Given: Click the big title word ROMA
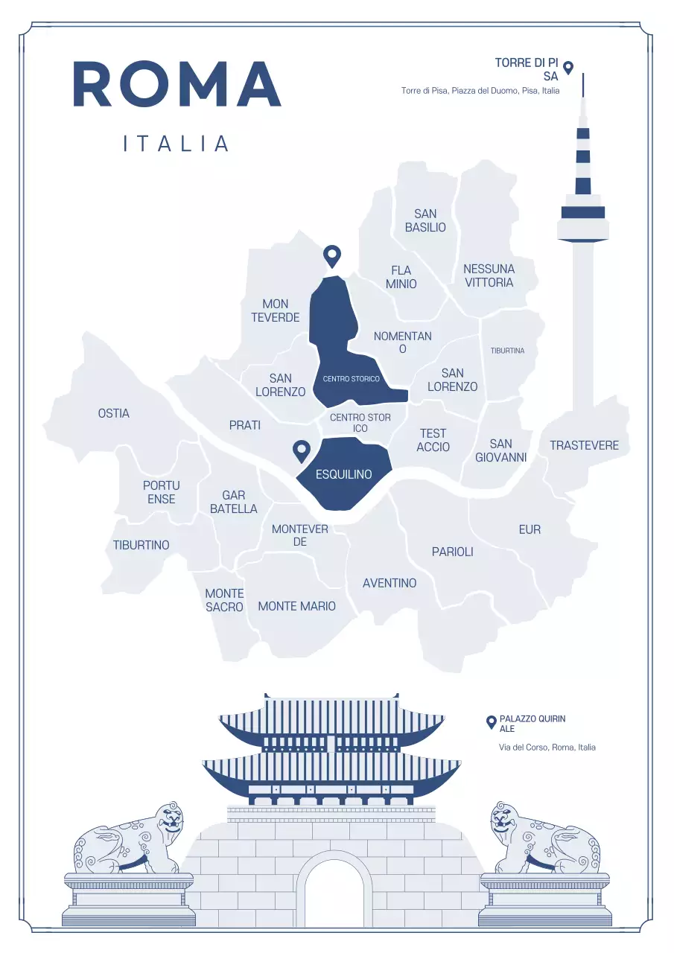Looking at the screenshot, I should click(x=177, y=84).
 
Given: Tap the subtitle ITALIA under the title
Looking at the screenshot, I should click(x=177, y=144).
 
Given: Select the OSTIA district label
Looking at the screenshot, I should click(x=114, y=413).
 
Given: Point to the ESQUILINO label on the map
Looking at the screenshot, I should click(x=343, y=474).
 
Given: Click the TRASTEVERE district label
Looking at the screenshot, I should click(x=584, y=445).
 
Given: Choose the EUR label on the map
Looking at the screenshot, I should click(x=530, y=529).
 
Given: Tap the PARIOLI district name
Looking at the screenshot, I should click(x=452, y=552).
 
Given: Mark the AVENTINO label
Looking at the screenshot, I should click(x=390, y=583).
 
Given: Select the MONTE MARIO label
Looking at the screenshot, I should click(x=296, y=606).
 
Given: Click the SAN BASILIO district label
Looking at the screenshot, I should click(x=425, y=220).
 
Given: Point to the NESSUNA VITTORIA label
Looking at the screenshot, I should click(x=489, y=275).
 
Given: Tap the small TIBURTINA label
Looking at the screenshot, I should click(x=507, y=351).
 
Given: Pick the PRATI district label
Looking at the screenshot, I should click(x=245, y=425).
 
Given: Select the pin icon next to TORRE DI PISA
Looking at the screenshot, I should click(x=568, y=67).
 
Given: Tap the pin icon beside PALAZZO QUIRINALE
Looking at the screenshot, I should click(x=491, y=721).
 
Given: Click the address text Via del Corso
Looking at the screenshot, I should click(x=547, y=747).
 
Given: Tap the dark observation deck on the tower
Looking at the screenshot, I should click(x=582, y=212).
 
